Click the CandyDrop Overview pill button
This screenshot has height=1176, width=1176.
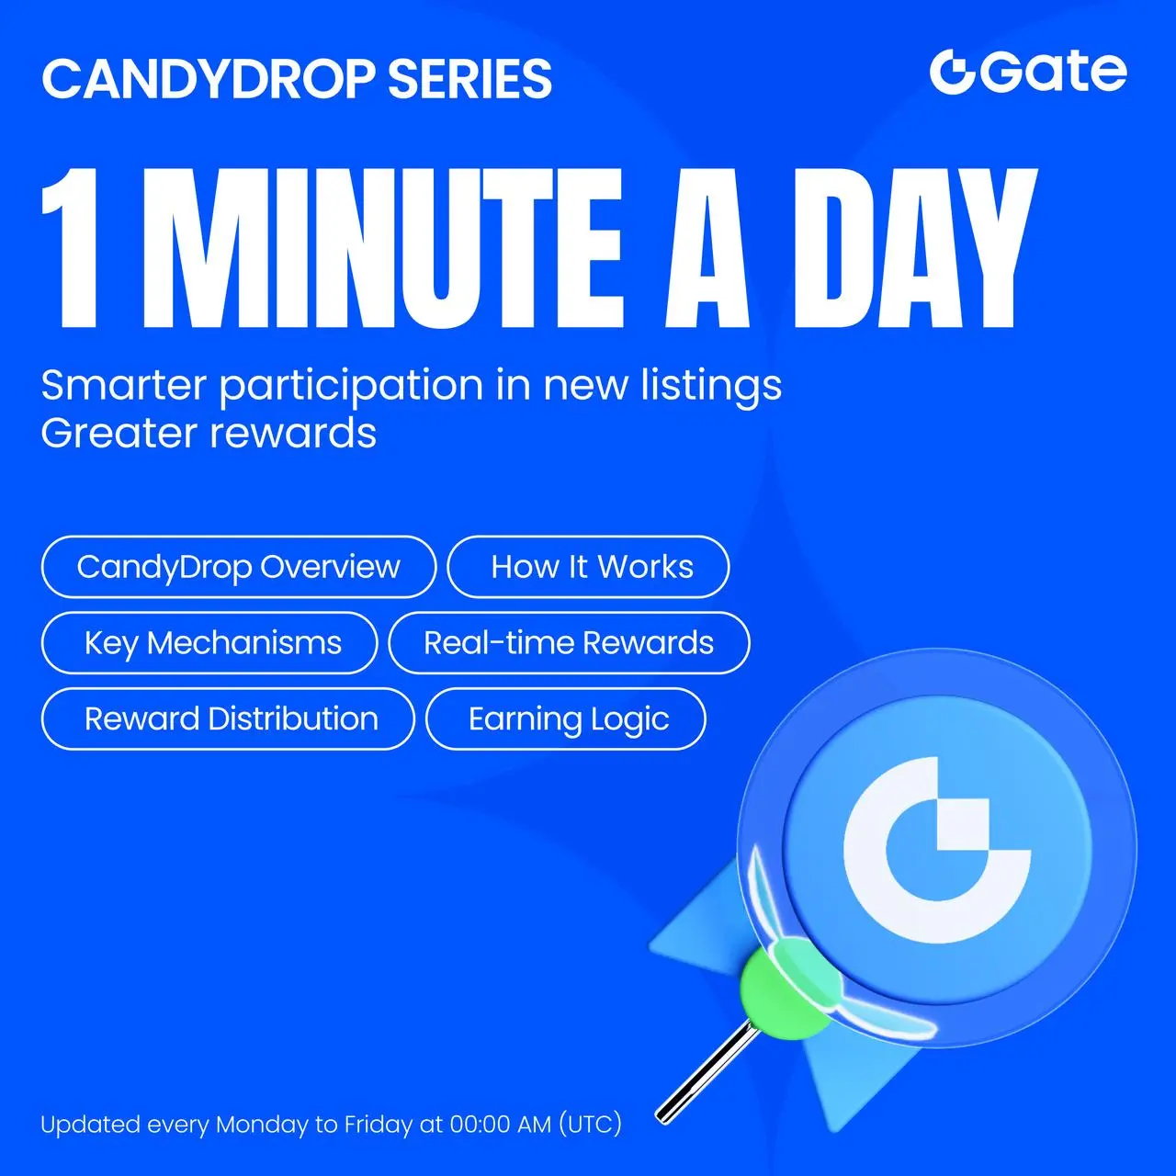coord(239,566)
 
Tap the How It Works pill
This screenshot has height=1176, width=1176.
coord(588,566)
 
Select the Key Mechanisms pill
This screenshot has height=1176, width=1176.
coord(209,642)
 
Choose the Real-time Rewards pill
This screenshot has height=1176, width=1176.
coord(569,642)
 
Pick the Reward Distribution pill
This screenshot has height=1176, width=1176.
coord(228,718)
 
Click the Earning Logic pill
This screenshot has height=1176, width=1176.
coord(566,718)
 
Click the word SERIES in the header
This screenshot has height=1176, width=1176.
coord(469,79)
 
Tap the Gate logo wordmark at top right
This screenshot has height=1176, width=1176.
coord(1028,72)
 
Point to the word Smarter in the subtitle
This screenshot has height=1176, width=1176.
coord(124,386)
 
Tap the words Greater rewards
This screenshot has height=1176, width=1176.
coord(209,434)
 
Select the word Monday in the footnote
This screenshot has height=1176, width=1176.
coord(263,1125)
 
